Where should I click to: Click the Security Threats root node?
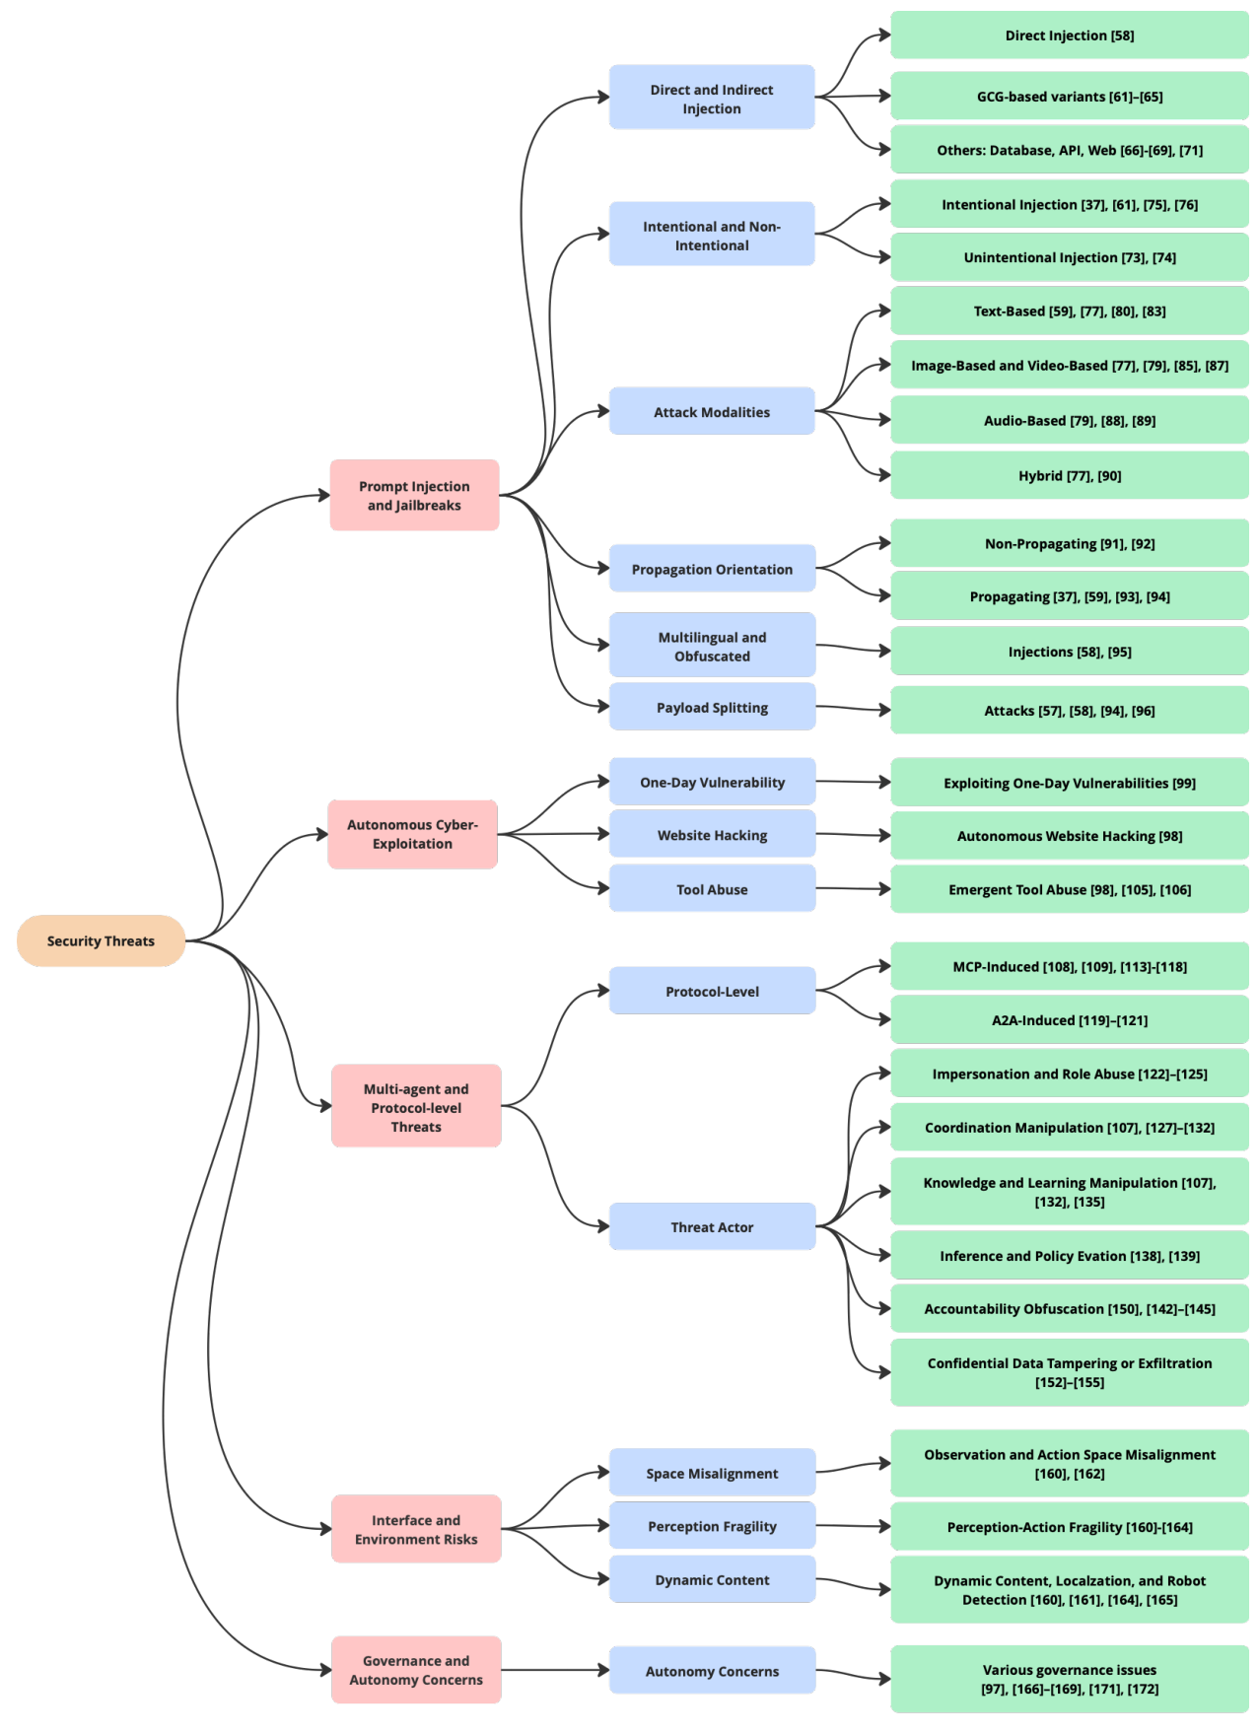click(x=101, y=940)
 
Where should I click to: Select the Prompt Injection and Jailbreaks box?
click(x=414, y=495)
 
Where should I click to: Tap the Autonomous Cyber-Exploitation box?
click(x=412, y=834)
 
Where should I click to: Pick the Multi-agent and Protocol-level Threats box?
click(x=416, y=1106)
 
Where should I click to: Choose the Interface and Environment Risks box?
click(x=416, y=1529)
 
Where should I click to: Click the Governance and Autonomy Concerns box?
click(x=416, y=1670)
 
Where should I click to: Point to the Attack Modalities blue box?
click(x=712, y=412)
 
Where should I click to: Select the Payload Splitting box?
click(x=712, y=707)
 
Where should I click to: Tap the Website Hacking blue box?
click(x=712, y=835)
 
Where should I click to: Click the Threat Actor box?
click(x=712, y=1226)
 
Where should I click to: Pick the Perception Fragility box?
click(x=712, y=1526)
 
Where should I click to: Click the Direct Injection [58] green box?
click(x=1069, y=35)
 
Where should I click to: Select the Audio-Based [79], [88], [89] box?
click(x=1069, y=420)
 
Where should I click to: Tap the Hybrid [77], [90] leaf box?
click(x=1069, y=475)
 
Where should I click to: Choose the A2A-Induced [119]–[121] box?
click(x=1069, y=1020)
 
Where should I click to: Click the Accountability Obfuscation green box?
click(x=1069, y=1309)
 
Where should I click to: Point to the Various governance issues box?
click(x=1069, y=1679)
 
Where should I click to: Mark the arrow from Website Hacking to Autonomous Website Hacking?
click(x=853, y=835)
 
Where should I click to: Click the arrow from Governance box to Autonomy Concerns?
click(x=555, y=1670)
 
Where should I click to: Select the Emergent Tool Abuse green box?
click(x=1069, y=889)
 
